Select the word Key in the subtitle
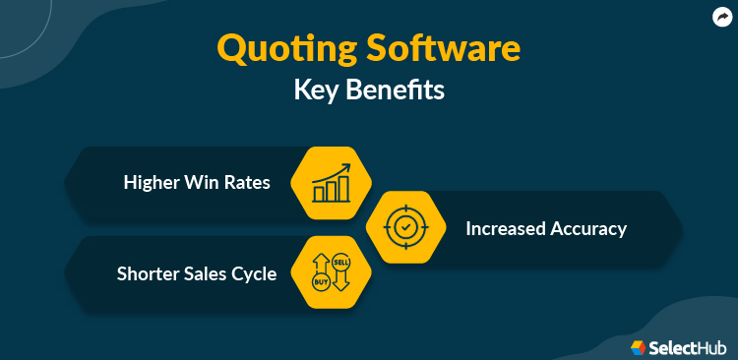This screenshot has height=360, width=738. [x=318, y=90]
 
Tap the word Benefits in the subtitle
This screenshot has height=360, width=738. [x=397, y=90]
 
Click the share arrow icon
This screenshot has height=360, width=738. [x=720, y=16]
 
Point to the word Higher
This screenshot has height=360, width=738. [x=152, y=183]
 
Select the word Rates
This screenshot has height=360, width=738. [x=250, y=183]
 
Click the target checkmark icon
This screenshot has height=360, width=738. [x=404, y=227]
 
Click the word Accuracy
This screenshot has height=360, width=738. [x=588, y=229]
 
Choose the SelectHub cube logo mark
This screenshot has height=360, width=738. [x=638, y=346]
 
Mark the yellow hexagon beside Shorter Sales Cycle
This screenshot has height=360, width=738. [x=331, y=272]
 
